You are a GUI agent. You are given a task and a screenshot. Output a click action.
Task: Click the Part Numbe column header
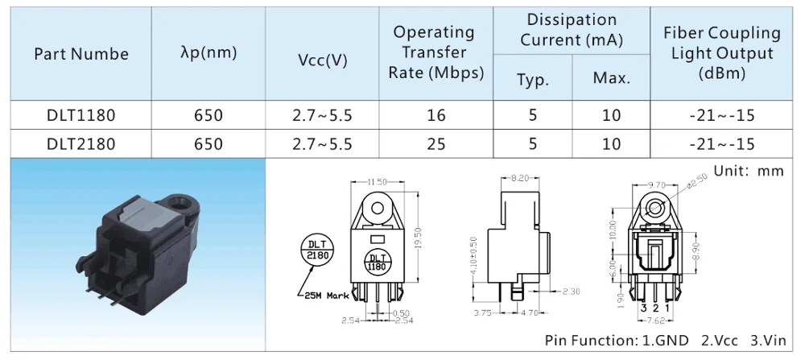80,54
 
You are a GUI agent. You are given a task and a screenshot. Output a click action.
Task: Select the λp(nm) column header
208,54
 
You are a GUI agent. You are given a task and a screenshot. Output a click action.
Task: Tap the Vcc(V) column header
322,61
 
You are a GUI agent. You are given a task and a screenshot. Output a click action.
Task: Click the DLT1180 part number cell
80,115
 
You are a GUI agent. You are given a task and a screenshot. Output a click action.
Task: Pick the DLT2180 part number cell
80,144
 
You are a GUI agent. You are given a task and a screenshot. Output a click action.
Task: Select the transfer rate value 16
436,115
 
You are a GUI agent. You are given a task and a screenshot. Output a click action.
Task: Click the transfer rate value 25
436,144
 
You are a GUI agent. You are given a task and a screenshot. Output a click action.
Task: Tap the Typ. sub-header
532,80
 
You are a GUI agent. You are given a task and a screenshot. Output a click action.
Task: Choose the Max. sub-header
611,79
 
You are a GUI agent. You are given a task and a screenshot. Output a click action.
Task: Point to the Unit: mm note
748,172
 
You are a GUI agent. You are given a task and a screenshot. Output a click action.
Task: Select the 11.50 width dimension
377,181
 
